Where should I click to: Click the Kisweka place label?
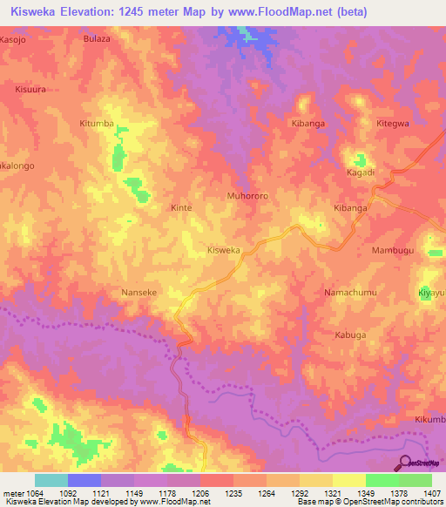tap(223, 250)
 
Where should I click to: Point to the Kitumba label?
tap(121, 125)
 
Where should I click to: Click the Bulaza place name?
tap(98, 39)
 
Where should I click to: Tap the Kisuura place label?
tap(30, 89)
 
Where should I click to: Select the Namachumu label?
tap(349, 293)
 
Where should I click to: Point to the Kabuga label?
tap(350, 335)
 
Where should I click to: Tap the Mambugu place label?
tap(394, 250)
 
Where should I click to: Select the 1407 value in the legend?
tap(429, 491)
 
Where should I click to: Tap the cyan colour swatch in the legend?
tap(51, 480)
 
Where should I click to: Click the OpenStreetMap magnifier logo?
tap(406, 463)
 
